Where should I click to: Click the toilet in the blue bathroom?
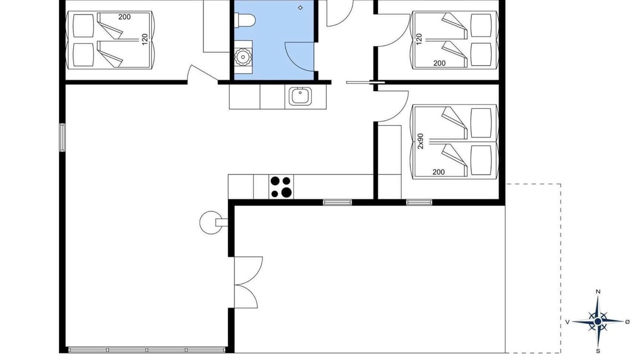pos(244,20)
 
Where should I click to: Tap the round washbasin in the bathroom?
pos(243,57)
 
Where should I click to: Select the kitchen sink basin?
pos(300,96)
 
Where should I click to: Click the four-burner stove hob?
pos(281,186)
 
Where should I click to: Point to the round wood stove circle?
pos(211,222)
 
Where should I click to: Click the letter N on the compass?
pos(597,291)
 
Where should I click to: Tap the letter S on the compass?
pos(597,351)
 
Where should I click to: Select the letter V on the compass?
pos(567,322)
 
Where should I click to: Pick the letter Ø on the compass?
pos(627,322)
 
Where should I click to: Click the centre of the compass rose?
pos(597,321)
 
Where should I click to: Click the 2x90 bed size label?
pos(420,141)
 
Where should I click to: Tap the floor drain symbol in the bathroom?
pos(300,7)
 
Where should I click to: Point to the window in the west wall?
pos(62,137)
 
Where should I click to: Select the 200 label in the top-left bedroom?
pos(124,17)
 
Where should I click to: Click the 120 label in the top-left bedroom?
pos(145,39)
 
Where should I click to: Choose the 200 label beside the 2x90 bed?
pos(438,172)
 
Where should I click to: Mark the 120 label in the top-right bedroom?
pos(419,39)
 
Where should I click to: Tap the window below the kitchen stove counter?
pos(337,202)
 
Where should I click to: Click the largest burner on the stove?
pos(286,192)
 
